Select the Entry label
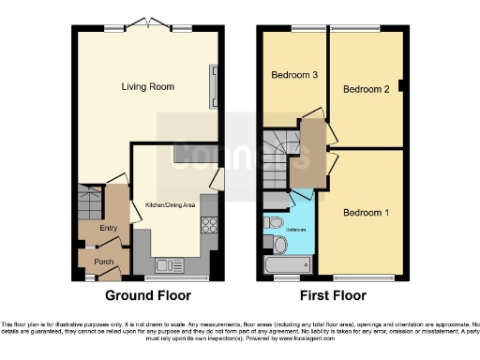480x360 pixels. [109, 227]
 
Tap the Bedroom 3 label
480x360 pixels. [292, 74]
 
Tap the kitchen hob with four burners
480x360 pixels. [209, 225]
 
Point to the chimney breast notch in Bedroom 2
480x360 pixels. [401, 87]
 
